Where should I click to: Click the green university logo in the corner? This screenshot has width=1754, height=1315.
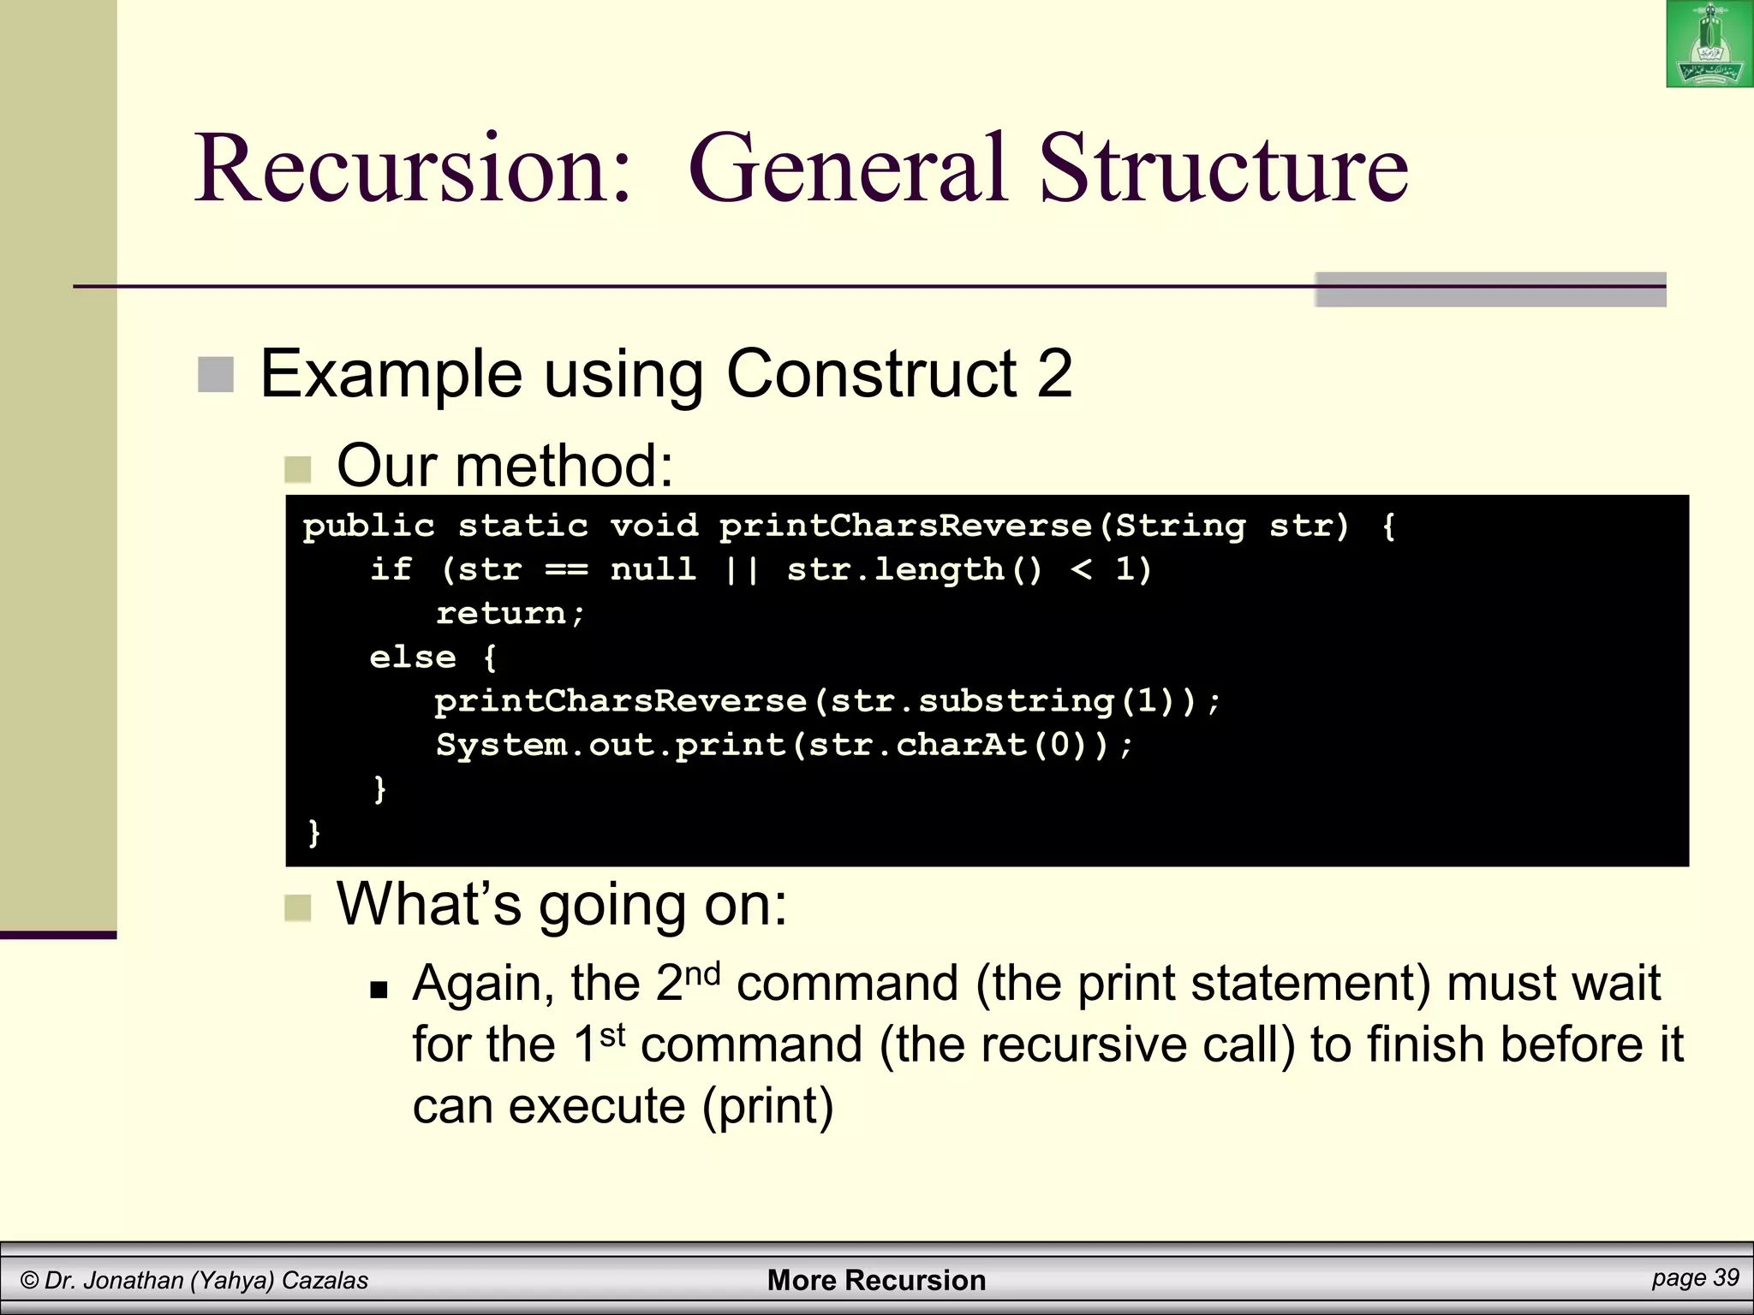[x=1709, y=45]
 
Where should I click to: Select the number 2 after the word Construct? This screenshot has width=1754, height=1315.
[x=1053, y=373]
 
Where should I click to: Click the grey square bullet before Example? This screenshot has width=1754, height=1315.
[x=216, y=374]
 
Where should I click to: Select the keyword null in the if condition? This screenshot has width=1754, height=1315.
[x=653, y=568]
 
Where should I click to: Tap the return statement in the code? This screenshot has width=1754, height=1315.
[x=510, y=613]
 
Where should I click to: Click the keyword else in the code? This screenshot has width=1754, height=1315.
[x=413, y=657]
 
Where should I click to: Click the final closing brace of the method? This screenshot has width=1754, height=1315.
[x=313, y=832]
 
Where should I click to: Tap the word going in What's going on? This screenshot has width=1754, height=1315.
[x=612, y=904]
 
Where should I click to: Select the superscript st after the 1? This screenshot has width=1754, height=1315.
[x=612, y=1036]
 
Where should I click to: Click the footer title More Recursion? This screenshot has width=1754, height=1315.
[x=876, y=1280]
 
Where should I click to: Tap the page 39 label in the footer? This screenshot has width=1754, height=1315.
[x=1695, y=1278]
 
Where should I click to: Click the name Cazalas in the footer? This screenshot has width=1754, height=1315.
[x=325, y=1281]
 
